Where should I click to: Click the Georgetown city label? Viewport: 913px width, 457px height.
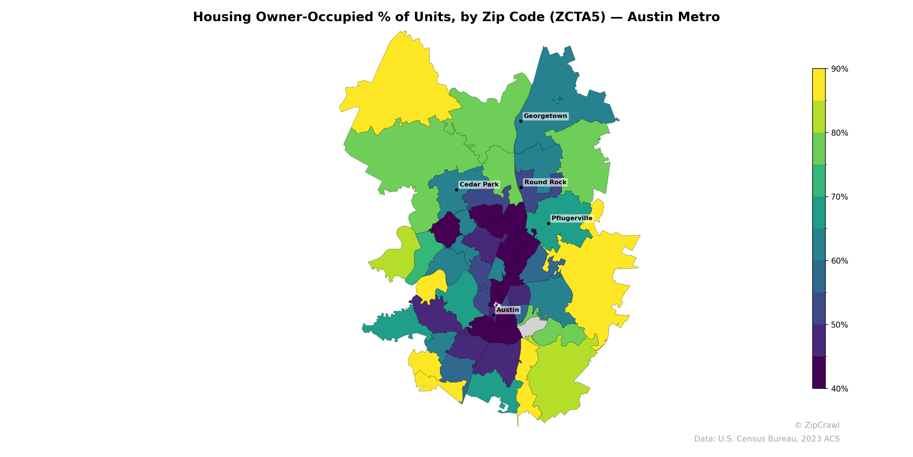coord(545,116)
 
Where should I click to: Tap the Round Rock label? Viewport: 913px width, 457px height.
coord(545,183)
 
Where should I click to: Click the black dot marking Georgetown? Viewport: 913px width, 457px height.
coord(521,121)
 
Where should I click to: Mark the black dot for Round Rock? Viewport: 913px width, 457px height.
coord(521,188)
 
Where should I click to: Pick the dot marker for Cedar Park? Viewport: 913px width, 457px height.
coord(457,190)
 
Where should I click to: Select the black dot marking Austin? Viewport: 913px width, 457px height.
coord(493,315)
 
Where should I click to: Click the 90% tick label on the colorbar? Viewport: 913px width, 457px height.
coord(839,69)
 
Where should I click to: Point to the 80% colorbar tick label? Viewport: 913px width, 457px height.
coord(839,133)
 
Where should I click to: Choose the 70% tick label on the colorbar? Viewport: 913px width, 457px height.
coord(839,197)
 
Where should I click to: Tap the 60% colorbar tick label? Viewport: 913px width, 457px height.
coord(839,261)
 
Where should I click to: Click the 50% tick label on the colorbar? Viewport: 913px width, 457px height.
coord(839,325)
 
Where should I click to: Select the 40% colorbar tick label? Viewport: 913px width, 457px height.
coord(839,389)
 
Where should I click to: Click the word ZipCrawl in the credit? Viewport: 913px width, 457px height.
coord(822,425)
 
